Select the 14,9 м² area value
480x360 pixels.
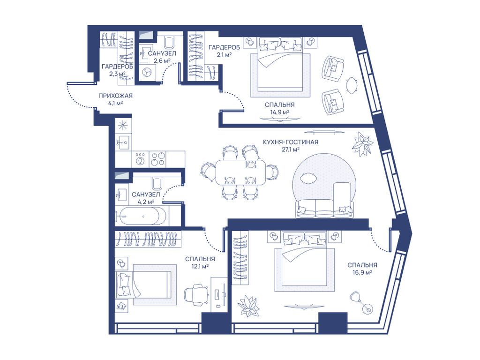pos(279,112)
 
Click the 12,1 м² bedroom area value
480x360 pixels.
pos(200,266)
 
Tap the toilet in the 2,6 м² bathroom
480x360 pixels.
pos(170,42)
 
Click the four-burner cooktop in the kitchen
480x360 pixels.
pos(157,159)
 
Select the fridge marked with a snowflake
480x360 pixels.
pos(123,125)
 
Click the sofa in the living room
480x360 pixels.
pos(323,208)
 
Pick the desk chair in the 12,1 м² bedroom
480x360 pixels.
pos(195,294)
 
